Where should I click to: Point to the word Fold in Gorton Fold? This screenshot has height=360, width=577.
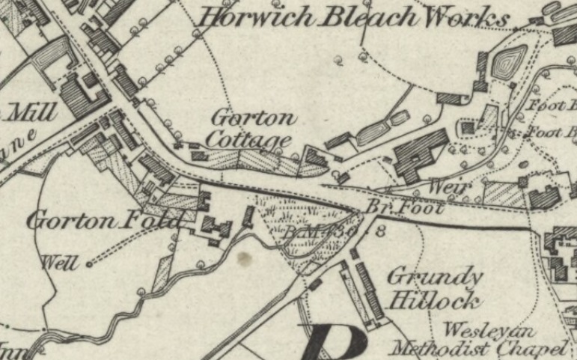(x=156, y=221)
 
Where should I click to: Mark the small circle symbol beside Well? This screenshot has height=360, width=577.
(x=89, y=263)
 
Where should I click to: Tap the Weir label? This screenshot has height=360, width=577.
(x=451, y=186)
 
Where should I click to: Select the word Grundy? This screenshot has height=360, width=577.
(x=435, y=276)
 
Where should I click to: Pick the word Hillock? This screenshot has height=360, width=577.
(x=434, y=301)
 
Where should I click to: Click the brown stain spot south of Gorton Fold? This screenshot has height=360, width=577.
(x=242, y=259)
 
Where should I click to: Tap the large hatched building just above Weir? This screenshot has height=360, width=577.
(x=419, y=153)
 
